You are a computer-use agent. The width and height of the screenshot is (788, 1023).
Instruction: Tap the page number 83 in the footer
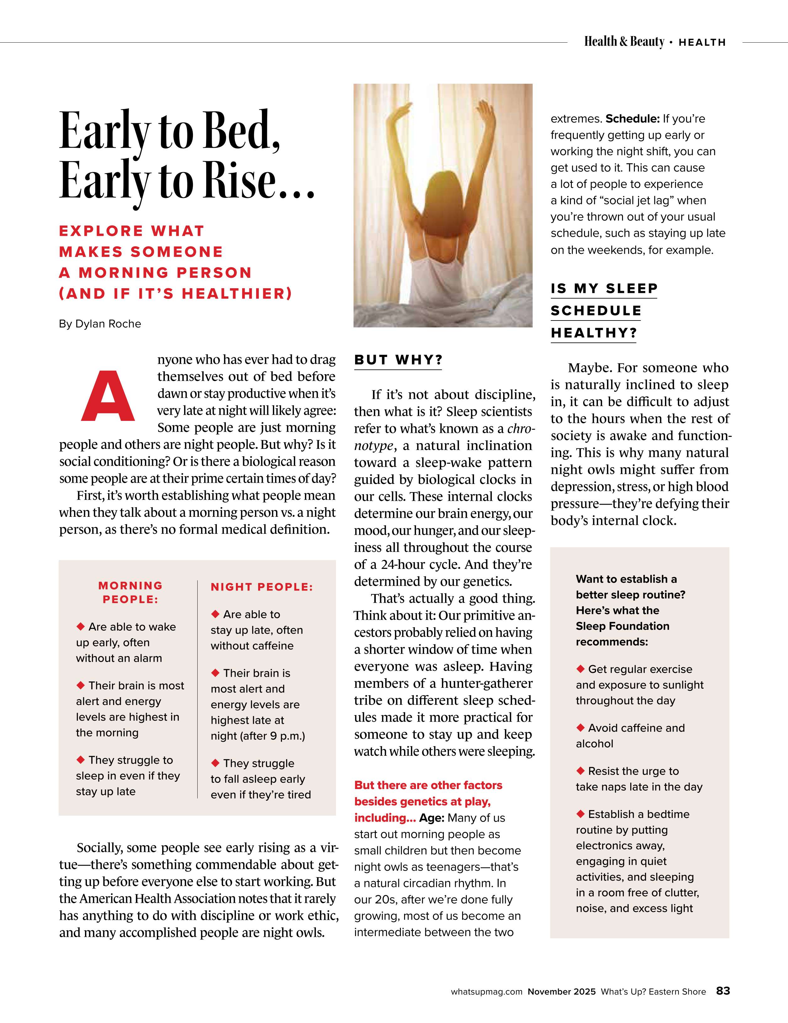tap(723, 991)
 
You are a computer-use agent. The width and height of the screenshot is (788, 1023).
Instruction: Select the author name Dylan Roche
tap(108, 324)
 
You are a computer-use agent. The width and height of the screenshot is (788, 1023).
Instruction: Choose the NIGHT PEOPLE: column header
tap(261, 587)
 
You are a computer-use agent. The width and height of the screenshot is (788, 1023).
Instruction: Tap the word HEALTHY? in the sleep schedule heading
tap(594, 333)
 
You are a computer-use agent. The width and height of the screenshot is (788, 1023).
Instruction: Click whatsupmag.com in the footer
tap(486, 992)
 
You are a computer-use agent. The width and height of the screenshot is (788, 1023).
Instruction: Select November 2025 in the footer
tap(561, 992)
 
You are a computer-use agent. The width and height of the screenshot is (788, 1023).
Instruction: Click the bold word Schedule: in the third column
tap(632, 119)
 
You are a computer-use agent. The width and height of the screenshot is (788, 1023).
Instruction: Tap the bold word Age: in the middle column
tap(431, 818)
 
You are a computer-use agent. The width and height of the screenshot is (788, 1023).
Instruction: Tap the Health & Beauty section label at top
tap(624, 42)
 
